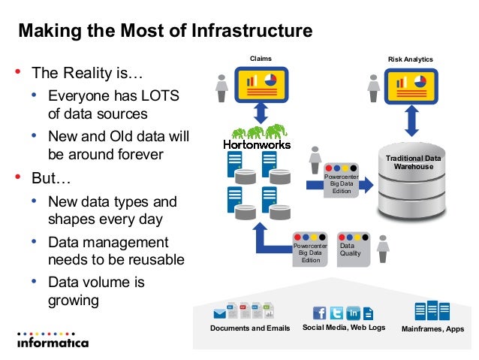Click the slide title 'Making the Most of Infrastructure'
[164, 32]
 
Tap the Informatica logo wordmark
[53, 343]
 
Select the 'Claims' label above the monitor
[261, 58]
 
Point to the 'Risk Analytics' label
[410, 59]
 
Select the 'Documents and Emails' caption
[250, 328]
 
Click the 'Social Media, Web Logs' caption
[343, 328]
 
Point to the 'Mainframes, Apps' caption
[433, 329]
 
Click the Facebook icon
[320, 312]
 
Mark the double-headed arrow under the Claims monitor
[261, 114]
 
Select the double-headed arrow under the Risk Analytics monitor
[411, 119]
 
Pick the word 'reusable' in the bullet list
[153, 260]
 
